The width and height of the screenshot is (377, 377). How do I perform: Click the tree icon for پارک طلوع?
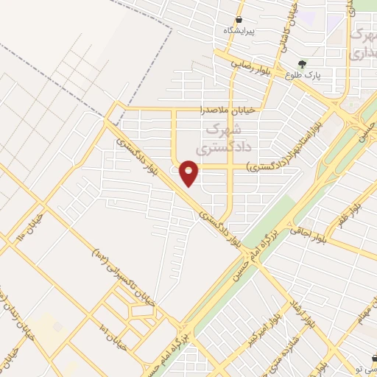click(302, 63)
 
